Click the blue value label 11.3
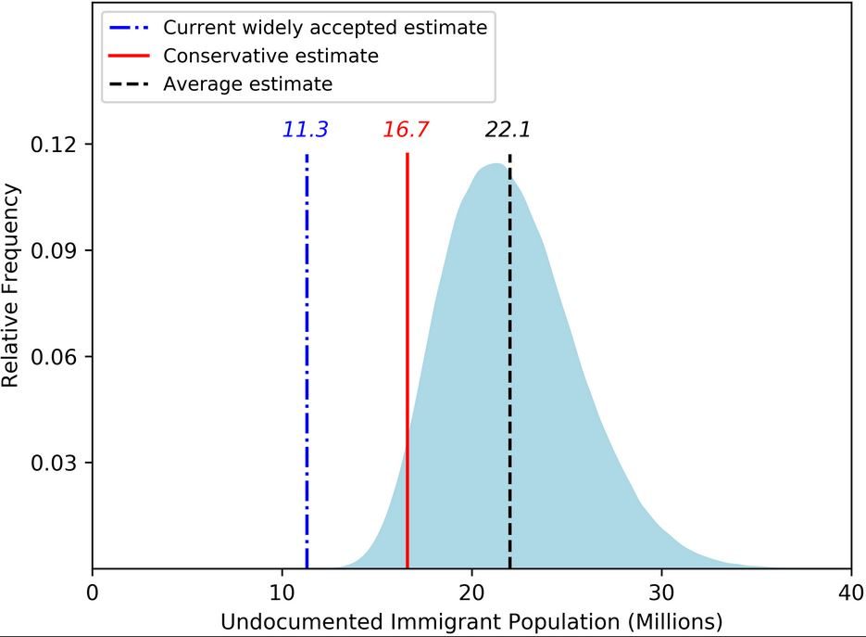(306, 130)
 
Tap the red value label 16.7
(406, 130)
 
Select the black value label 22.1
(508, 130)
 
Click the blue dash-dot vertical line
(307, 361)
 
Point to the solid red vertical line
(407, 361)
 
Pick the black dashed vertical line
(509, 361)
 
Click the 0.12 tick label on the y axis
(54, 145)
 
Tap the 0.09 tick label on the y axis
(54, 250)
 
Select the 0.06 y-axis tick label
(54, 357)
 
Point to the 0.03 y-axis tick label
(54, 463)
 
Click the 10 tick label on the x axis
(282, 592)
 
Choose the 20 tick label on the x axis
(471, 592)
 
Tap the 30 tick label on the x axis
(661, 592)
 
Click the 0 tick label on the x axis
(93, 592)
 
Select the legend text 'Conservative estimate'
(270, 56)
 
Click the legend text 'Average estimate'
(248, 84)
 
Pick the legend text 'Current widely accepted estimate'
(325, 28)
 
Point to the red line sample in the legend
(130, 56)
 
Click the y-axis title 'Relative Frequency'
(10, 286)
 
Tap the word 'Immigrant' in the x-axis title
(446, 622)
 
